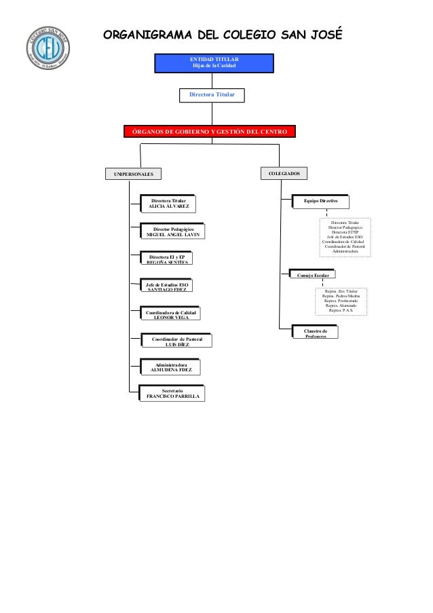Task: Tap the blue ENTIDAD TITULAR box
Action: click(x=214, y=62)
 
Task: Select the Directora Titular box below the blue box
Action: click(x=212, y=94)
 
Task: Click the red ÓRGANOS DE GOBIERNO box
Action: click(x=209, y=130)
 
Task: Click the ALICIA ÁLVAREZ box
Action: click(x=169, y=204)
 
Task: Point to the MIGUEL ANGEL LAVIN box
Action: click(x=173, y=232)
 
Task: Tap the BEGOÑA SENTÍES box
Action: click(x=166, y=259)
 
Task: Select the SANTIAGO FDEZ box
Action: click(x=166, y=286)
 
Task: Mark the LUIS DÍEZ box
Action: click(x=176, y=341)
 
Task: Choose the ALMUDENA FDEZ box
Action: click(x=170, y=367)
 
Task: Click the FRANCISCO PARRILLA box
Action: click(x=172, y=394)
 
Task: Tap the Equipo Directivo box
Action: click(x=321, y=202)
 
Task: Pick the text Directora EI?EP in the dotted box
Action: click(x=345, y=231)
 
